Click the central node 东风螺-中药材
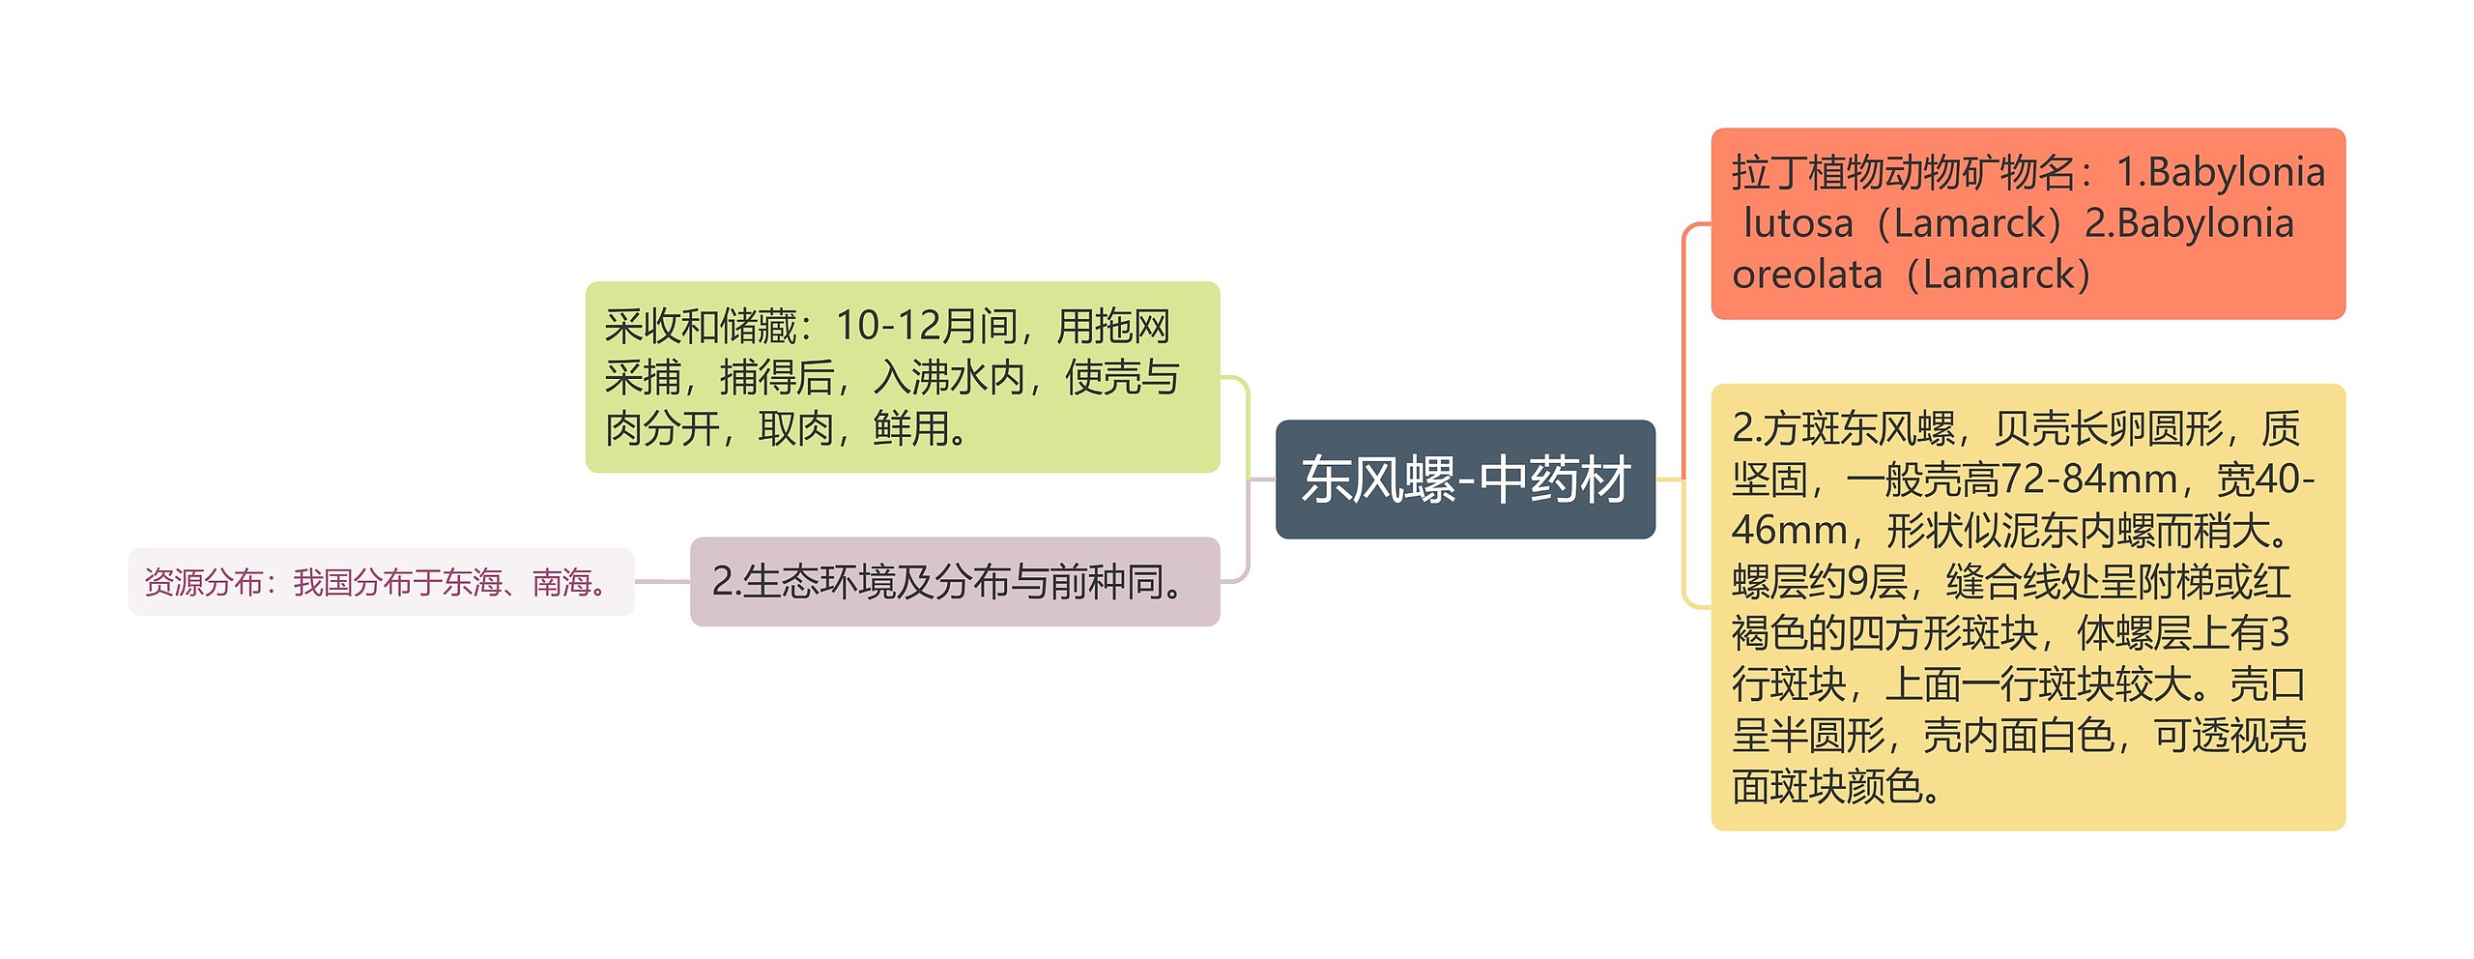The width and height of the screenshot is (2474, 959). click(x=1464, y=479)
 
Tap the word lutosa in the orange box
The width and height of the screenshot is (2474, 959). click(x=1798, y=224)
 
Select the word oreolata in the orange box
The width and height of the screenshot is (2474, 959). click(x=1806, y=276)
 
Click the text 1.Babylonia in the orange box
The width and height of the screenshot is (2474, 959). click(x=2220, y=173)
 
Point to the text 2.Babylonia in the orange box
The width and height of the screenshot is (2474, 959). click(x=2188, y=224)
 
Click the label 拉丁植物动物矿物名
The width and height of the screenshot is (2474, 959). click(x=1903, y=173)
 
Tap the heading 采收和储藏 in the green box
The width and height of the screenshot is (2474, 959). click(x=701, y=327)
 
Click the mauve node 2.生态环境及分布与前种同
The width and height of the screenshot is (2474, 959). click(x=954, y=582)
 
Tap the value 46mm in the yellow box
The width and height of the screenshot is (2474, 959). click(x=1789, y=531)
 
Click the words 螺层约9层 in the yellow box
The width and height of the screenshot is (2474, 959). click(x=1820, y=582)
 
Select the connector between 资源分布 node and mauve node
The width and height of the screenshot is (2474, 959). click(x=662, y=582)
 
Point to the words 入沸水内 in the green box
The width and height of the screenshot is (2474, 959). click(x=948, y=378)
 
